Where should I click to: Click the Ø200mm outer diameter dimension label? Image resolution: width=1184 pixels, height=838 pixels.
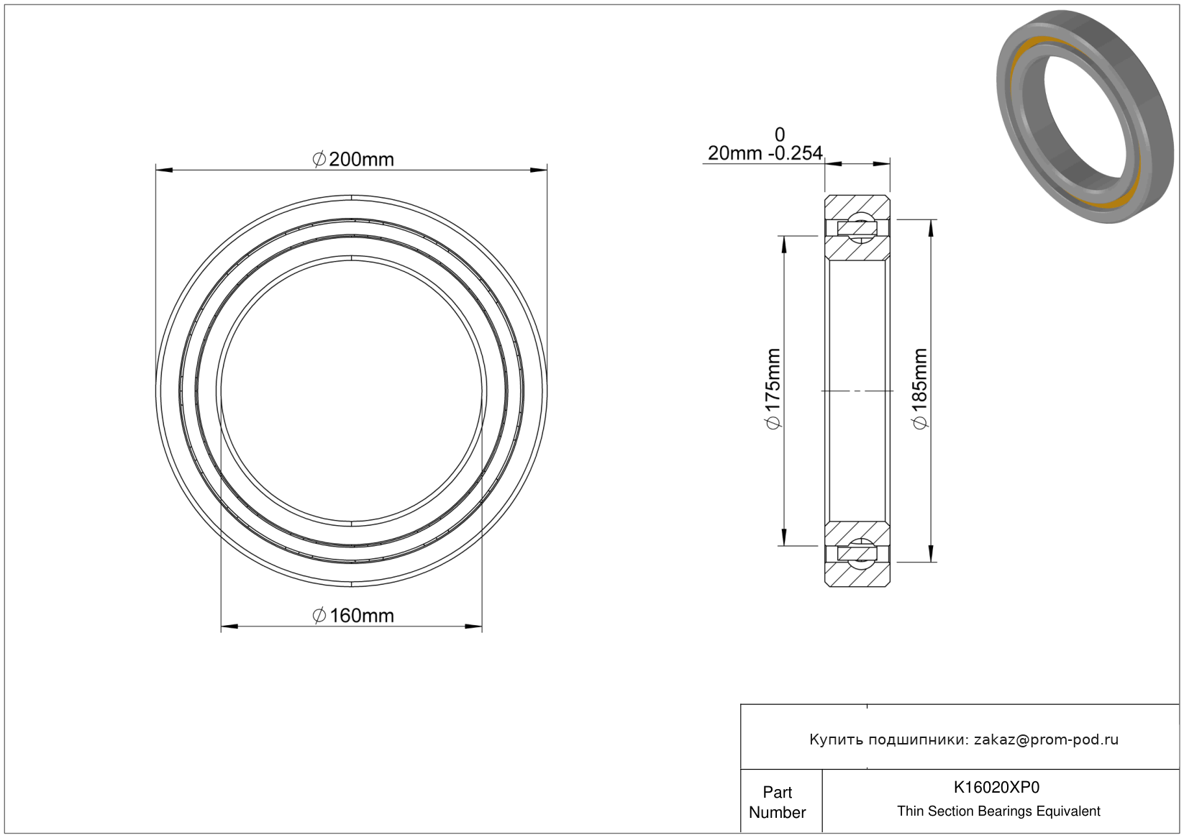click(x=353, y=159)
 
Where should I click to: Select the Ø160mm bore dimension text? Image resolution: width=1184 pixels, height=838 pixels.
click(x=353, y=616)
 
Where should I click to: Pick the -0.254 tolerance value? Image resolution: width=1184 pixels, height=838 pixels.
click(x=796, y=153)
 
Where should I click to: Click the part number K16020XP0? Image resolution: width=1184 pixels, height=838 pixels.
click(x=996, y=787)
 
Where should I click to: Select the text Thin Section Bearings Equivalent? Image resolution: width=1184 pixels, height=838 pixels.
click(x=998, y=811)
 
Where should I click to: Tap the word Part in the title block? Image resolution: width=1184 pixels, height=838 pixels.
click(x=777, y=792)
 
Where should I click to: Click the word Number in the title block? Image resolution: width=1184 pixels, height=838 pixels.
click(x=777, y=812)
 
